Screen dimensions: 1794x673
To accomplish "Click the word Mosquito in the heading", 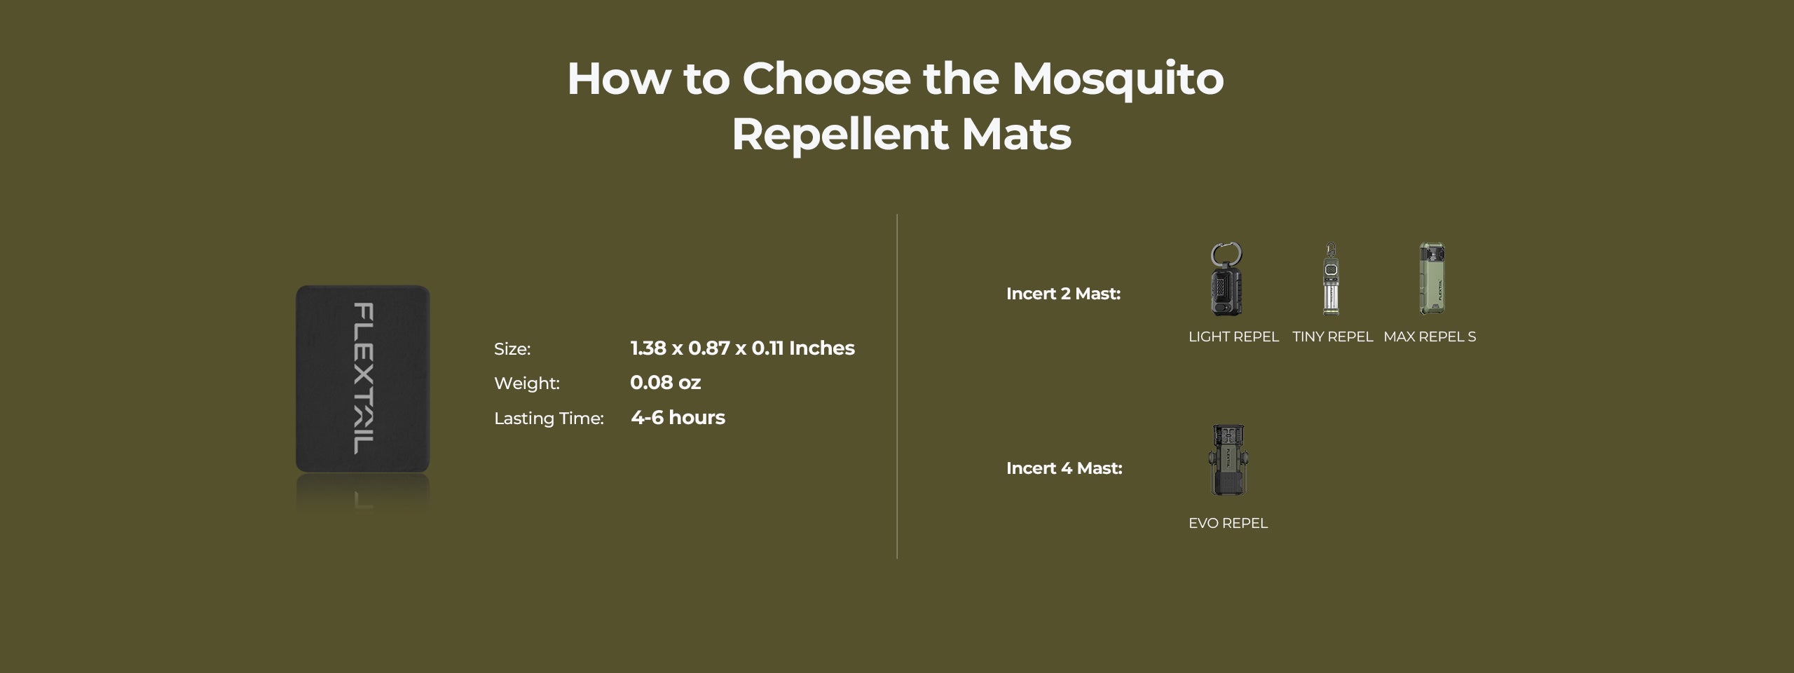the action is pyautogui.click(x=1118, y=79).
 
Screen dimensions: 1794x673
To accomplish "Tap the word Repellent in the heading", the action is pyautogui.click(x=839, y=134).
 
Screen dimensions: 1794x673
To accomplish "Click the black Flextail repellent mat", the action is pyautogui.click(x=362, y=379).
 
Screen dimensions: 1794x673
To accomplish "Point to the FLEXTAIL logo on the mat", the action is pyautogui.click(x=364, y=379).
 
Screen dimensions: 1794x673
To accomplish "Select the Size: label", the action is pyautogui.click(x=512, y=349).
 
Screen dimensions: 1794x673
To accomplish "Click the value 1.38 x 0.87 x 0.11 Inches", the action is pyautogui.click(x=742, y=348).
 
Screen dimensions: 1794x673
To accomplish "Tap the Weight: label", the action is pyautogui.click(x=527, y=383).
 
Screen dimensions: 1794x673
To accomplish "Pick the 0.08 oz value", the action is pyautogui.click(x=665, y=383).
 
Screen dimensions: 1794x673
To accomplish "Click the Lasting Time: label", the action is pyautogui.click(x=549, y=419).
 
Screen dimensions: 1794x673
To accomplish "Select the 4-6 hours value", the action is pyautogui.click(x=678, y=418).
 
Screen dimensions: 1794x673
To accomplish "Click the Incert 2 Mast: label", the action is pyautogui.click(x=1063, y=294).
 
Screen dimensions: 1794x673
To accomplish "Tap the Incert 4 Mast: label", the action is pyautogui.click(x=1064, y=468).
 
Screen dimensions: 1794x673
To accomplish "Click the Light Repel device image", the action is pyautogui.click(x=1226, y=279).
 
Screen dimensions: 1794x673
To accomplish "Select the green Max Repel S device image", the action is pyautogui.click(x=1432, y=279).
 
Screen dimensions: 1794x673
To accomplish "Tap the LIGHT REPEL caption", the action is pyautogui.click(x=1233, y=337).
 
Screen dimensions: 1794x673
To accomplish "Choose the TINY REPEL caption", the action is pyautogui.click(x=1332, y=337).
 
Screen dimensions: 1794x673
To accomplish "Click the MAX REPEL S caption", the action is pyautogui.click(x=1430, y=337).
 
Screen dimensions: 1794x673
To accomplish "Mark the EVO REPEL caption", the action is pyautogui.click(x=1228, y=524).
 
